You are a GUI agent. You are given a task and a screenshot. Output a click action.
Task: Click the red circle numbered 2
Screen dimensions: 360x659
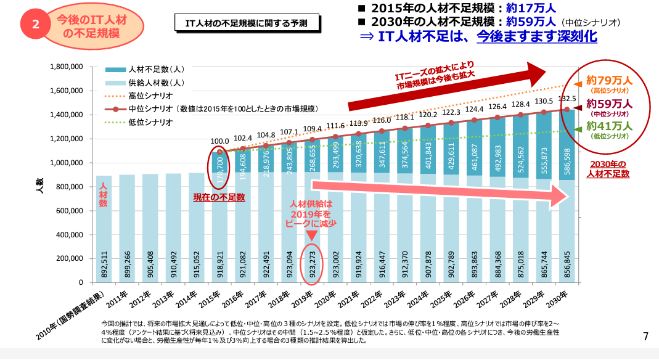click(36, 25)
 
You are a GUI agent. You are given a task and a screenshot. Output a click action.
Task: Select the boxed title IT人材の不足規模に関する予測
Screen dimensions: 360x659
click(249, 23)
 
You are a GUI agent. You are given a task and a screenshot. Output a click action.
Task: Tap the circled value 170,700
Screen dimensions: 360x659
click(220, 165)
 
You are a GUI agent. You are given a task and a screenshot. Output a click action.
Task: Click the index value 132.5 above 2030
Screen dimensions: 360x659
click(567, 99)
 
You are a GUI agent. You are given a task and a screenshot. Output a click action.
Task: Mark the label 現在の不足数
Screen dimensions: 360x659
click(219, 197)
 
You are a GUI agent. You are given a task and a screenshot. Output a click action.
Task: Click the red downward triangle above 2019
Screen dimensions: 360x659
click(312, 235)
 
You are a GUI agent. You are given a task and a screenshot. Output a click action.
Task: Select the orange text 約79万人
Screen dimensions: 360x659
click(609, 80)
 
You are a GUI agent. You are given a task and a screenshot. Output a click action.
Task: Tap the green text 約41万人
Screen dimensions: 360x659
click(609, 126)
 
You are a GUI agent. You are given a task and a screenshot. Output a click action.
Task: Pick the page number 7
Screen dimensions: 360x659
click(645, 336)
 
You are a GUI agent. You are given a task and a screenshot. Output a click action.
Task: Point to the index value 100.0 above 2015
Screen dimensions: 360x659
click(219, 141)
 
